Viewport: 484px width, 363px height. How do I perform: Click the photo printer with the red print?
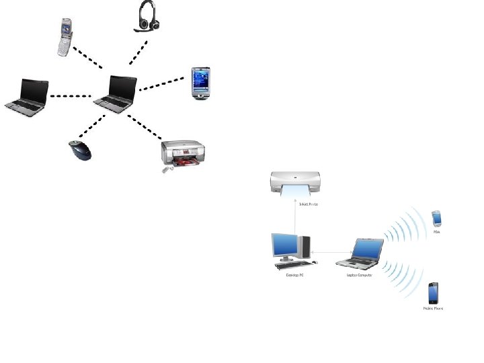179,155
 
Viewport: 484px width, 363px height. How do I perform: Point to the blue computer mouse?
81,151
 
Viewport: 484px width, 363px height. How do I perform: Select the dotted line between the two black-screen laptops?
71,96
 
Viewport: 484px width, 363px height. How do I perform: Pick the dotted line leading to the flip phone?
87,58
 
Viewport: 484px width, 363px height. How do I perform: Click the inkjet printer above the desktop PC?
294,184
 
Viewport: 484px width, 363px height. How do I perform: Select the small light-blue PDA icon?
436,218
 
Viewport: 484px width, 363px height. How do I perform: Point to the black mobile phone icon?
434,293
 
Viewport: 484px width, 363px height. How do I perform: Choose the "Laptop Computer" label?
359,274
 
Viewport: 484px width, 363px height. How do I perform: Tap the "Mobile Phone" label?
434,309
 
